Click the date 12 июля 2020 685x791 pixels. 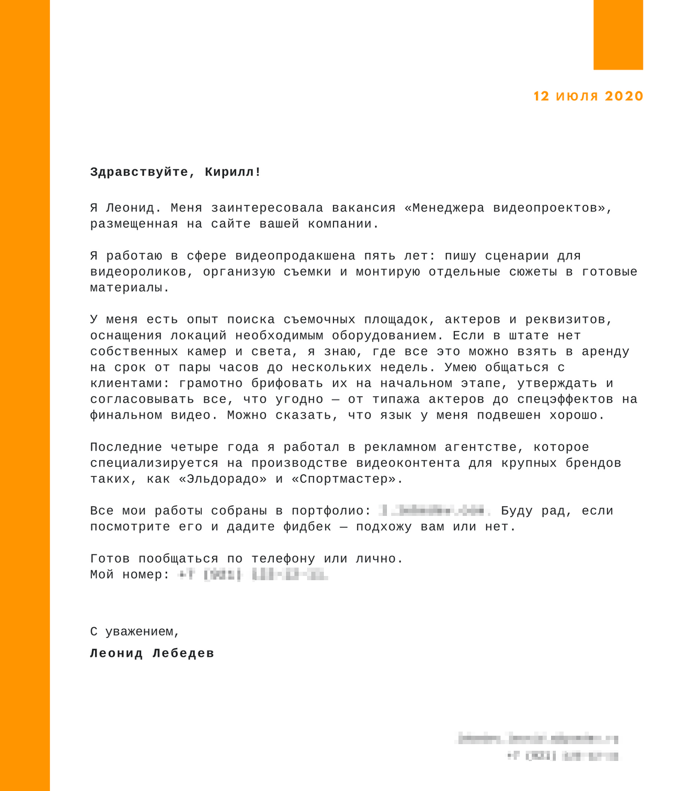click(588, 96)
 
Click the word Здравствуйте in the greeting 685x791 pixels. click(139, 172)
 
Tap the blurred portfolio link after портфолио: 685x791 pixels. click(434, 511)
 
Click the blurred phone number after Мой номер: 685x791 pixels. click(252, 575)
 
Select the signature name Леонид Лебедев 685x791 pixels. click(152, 653)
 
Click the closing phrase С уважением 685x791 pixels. click(135, 632)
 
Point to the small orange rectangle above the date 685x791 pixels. click(618, 35)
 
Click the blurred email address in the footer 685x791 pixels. click(538, 739)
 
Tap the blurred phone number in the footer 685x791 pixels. click(562, 756)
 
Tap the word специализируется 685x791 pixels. click(154, 464)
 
